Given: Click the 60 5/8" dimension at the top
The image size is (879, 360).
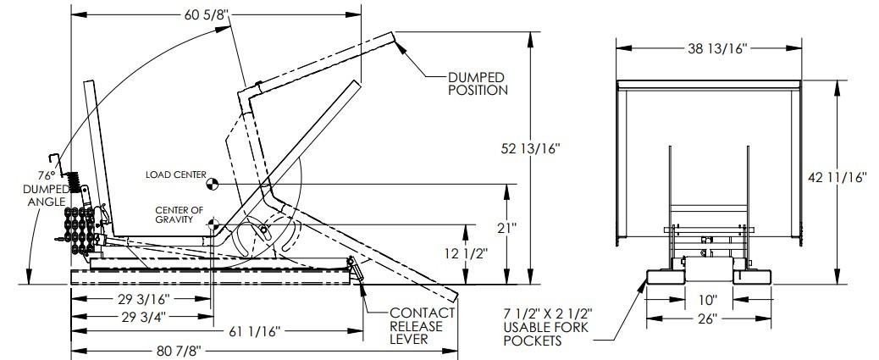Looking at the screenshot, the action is (x=207, y=15).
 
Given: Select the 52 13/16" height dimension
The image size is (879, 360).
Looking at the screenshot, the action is (x=530, y=148).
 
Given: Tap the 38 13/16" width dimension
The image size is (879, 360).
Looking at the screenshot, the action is (x=718, y=49).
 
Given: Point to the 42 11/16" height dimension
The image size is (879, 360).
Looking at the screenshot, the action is (x=838, y=178).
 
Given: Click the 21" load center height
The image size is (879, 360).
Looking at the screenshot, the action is (x=506, y=227).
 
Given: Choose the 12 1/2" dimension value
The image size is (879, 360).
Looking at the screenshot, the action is (x=467, y=253).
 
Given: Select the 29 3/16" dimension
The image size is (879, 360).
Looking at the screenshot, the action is (x=141, y=298).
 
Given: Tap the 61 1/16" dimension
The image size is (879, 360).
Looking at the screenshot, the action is (x=253, y=332).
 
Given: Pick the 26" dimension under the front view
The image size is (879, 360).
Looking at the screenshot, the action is (x=708, y=319).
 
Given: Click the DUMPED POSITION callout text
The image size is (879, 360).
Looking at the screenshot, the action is (x=478, y=84).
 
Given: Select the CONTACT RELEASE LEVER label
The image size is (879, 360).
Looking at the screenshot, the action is (x=422, y=326).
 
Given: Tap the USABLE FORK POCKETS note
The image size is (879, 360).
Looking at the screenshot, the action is (x=546, y=326).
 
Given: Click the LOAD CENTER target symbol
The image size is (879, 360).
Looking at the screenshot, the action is (x=212, y=183).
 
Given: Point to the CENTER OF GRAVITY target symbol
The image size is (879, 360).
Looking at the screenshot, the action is (x=212, y=224).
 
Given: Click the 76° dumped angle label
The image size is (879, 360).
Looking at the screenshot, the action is (x=46, y=188).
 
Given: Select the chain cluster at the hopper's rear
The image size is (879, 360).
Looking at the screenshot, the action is (x=79, y=230).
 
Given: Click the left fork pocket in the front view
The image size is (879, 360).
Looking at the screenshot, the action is (x=666, y=277).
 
